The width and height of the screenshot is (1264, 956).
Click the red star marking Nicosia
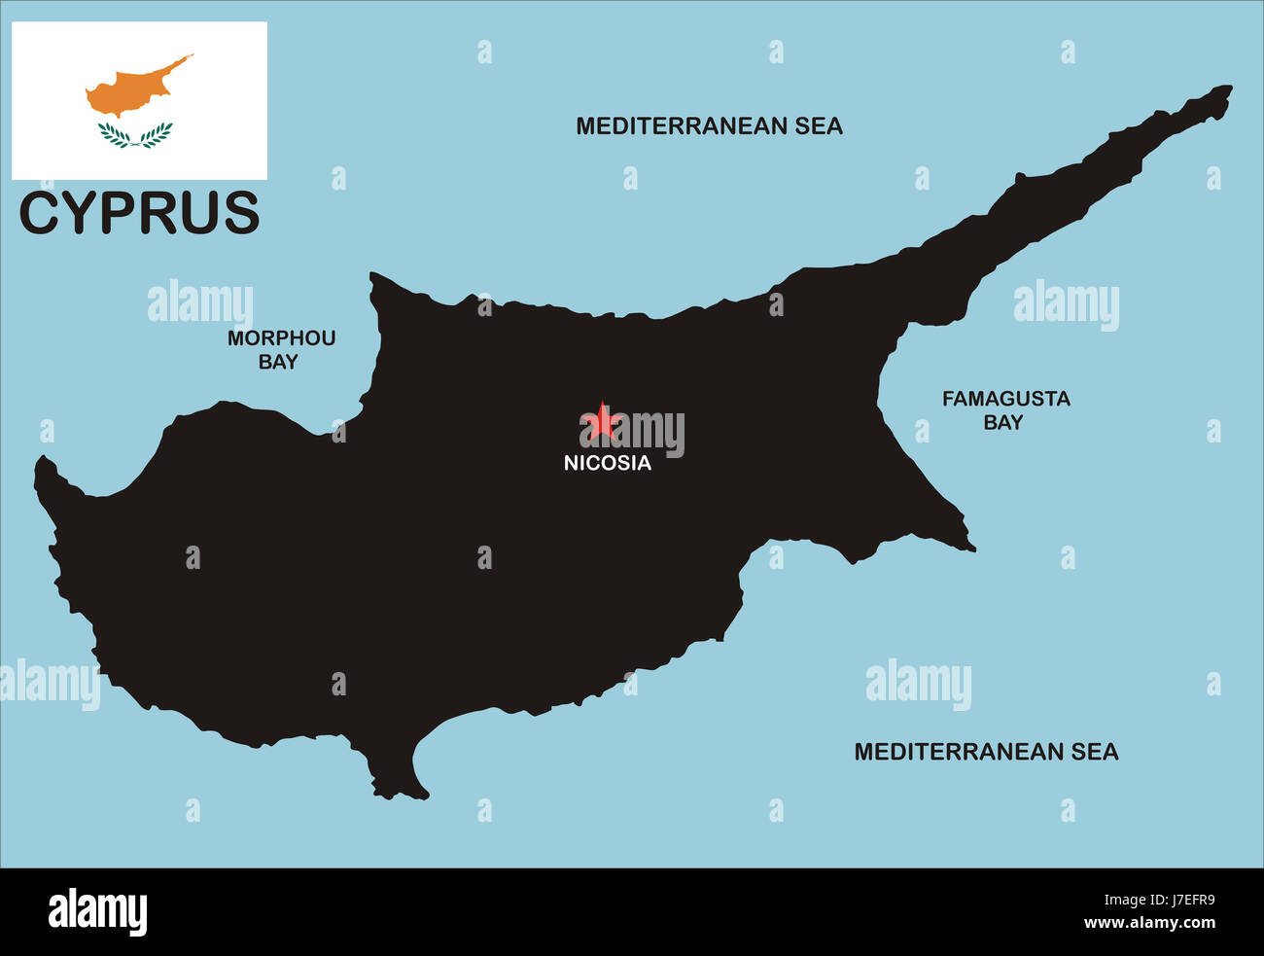click(603, 422)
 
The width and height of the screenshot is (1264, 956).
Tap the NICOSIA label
click(608, 464)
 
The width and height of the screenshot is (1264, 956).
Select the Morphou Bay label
click(281, 350)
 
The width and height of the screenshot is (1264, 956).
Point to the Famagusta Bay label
click(1005, 410)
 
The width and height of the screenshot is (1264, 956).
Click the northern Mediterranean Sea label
click(709, 126)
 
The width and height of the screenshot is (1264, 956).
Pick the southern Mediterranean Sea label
click(986, 752)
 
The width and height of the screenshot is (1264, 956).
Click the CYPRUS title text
click(140, 214)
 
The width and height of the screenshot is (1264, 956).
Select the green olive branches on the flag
click(135, 135)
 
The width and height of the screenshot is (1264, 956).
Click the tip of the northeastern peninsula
click(1227, 90)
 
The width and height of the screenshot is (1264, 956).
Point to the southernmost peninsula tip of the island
click(398, 793)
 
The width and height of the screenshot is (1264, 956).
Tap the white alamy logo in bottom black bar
click(97, 912)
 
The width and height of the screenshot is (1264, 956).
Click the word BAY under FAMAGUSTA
click(1003, 423)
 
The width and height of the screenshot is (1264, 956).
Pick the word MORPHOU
click(281, 338)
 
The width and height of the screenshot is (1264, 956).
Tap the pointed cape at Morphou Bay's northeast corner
click(373, 278)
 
